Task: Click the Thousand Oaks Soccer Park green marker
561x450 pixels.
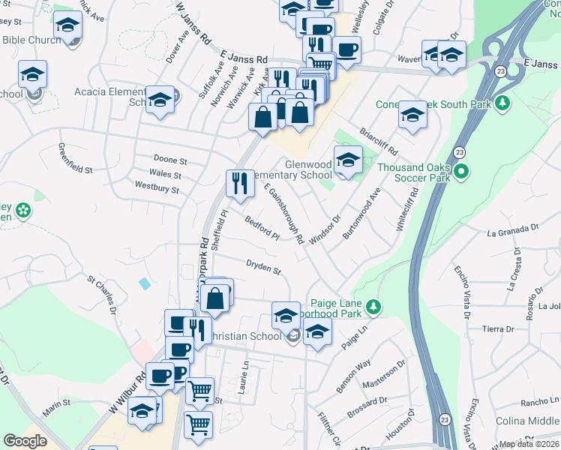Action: click(x=462, y=172)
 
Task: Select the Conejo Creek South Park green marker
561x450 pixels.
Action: click(x=505, y=103)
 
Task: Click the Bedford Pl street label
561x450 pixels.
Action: click(x=262, y=228)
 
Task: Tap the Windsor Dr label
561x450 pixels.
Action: click(x=325, y=229)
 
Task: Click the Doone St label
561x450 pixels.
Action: click(x=170, y=160)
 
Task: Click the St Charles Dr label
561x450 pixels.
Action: click(x=103, y=295)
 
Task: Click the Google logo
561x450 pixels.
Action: click(x=25, y=441)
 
